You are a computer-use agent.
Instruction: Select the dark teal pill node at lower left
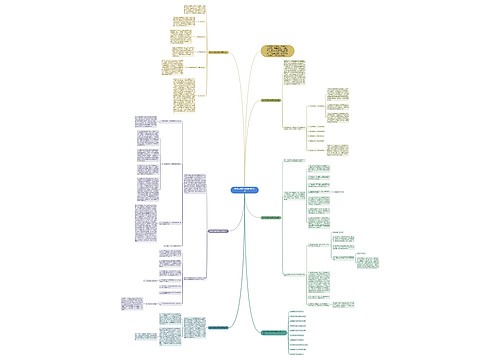point(221,326)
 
